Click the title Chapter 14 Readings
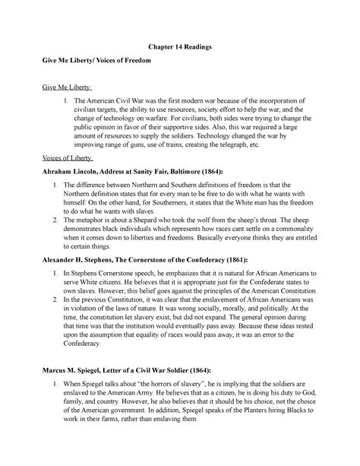(x=179, y=47)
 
